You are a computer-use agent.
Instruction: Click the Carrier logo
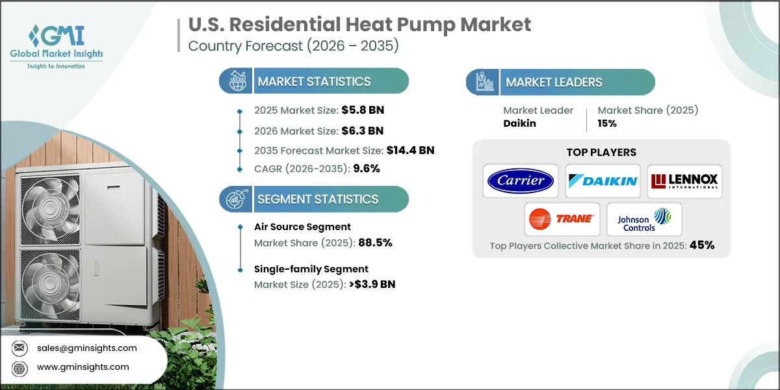pos(520,181)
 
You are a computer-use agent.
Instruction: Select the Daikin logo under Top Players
pos(603,181)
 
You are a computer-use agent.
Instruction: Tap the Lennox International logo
pos(684,181)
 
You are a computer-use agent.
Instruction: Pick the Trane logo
pos(562,219)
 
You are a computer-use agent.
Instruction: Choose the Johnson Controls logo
pos(643,219)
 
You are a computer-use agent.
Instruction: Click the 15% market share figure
pos(607,123)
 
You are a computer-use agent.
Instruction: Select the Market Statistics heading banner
pos(314,81)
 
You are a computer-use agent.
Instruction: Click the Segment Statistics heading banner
pos(314,199)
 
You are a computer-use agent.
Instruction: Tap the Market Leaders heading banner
pos(560,82)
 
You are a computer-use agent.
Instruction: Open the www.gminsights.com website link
pos(83,367)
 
